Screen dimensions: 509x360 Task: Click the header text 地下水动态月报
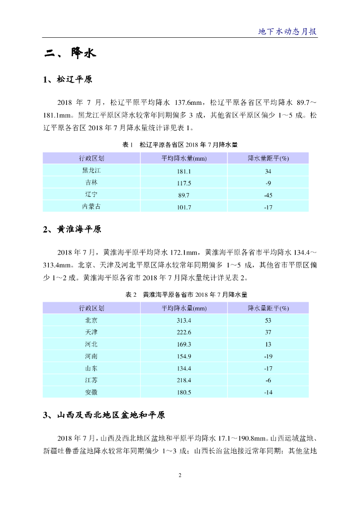[287, 31]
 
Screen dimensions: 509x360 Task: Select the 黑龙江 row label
[91, 170]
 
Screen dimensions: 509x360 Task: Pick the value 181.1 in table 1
[184, 171]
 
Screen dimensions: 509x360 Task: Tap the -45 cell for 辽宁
[268, 195]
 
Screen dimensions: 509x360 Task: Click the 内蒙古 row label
[91, 207]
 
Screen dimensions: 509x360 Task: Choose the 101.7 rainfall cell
[184, 207]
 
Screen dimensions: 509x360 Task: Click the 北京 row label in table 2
[91, 320]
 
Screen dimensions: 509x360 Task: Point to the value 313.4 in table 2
[184, 321]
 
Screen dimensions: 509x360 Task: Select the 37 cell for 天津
[268, 333]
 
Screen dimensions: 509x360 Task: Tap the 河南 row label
[91, 356]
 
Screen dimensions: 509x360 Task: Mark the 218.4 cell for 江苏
[184, 381]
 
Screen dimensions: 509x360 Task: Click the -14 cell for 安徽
[268, 393]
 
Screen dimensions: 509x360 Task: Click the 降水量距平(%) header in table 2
[268, 308]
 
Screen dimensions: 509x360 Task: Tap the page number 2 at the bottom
[180, 476]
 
